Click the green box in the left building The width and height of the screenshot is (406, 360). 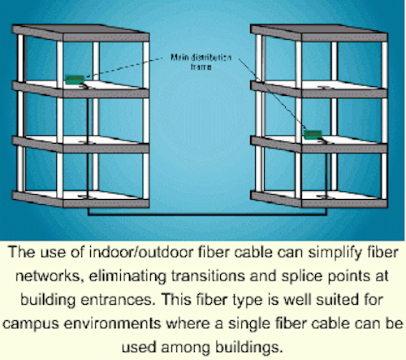click(75, 80)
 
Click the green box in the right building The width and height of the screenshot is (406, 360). click(313, 135)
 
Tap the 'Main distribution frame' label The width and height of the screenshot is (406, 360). click(201, 62)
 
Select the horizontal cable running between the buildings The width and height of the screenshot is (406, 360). click(207, 215)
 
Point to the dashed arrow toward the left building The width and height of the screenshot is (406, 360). click(124, 67)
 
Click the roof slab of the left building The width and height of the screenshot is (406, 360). click(80, 33)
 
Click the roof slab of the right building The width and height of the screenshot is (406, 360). click(319, 33)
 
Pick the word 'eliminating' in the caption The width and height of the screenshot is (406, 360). click(127, 276)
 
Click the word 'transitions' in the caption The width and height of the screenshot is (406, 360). click(209, 276)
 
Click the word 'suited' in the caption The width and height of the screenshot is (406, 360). click(335, 300)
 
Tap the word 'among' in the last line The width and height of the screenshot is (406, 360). click(185, 348)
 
